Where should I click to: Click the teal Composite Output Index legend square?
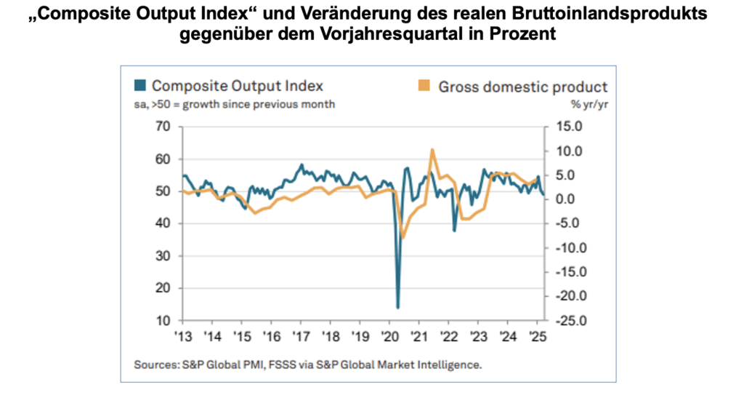tap(139, 86)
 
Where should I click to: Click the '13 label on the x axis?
tap(182, 338)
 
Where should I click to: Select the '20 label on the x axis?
tap(390, 338)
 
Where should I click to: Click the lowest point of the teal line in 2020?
tap(398, 307)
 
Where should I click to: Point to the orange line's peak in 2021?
tap(432, 150)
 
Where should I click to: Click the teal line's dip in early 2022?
tap(454, 231)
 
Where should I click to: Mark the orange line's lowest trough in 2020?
tap(403, 237)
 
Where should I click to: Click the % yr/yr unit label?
tap(589, 103)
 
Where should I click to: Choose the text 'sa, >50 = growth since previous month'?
tap(234, 103)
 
